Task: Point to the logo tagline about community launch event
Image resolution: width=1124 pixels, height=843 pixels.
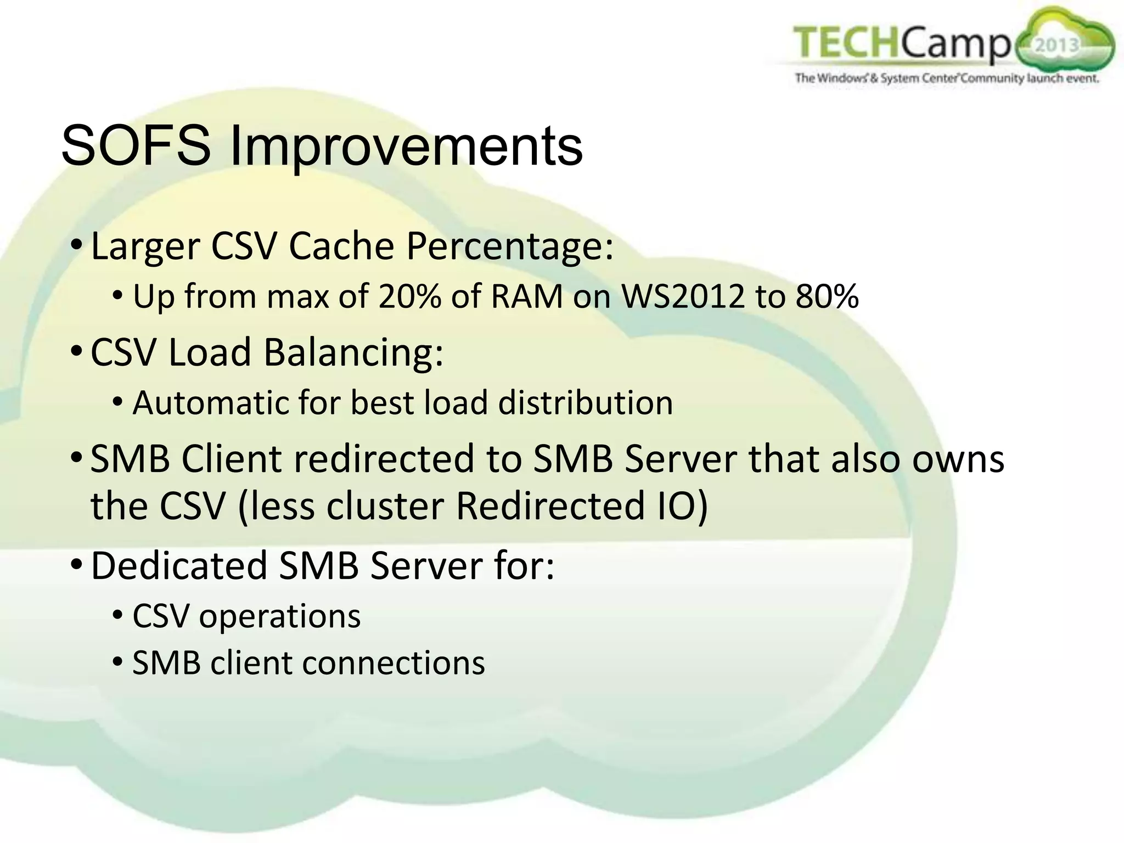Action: pyautogui.click(x=947, y=78)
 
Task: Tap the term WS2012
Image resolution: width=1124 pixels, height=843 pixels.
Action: pyautogui.click(x=683, y=296)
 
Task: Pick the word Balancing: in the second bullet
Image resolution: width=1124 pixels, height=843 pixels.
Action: pyautogui.click(x=353, y=352)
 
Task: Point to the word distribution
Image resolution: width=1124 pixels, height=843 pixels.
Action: pyautogui.click(x=585, y=402)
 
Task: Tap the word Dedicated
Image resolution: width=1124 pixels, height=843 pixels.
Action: pyautogui.click(x=178, y=565)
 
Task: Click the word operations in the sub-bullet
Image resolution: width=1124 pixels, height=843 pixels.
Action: pyautogui.click(x=279, y=616)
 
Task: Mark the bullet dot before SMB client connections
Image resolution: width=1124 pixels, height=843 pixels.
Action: pyautogui.click(x=117, y=662)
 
